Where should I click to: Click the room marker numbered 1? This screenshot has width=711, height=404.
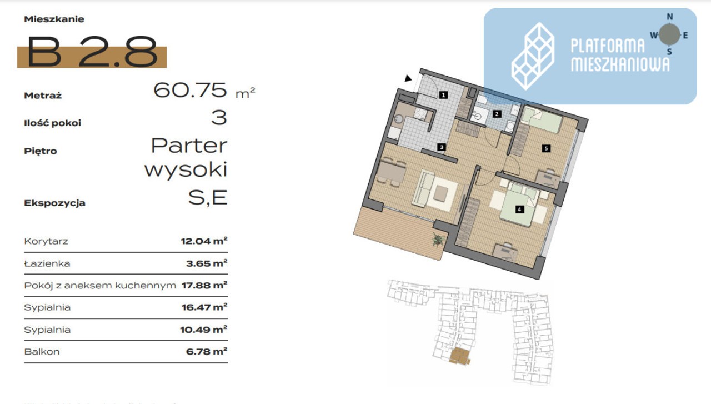pos(443,94)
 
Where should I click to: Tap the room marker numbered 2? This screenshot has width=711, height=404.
pos(497,114)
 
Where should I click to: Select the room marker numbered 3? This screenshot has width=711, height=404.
pos(441,147)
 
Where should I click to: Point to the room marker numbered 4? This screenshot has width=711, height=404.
pos(519,210)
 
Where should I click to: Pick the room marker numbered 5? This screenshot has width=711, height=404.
pos(546,148)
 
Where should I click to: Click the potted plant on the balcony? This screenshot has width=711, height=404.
pos(438,240)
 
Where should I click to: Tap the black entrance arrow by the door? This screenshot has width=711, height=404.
pos(408,78)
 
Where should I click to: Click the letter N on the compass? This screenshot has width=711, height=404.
pos(670,17)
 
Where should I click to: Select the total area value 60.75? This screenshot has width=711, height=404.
pos(190,90)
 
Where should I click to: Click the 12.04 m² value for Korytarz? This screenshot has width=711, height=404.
pos(204,241)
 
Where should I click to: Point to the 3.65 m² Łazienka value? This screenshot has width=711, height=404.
pos(207,263)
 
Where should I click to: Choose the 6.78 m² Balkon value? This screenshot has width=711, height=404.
pos(207,352)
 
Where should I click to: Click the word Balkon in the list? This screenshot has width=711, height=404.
pos(42,352)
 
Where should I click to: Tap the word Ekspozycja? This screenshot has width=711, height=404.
pos(54,203)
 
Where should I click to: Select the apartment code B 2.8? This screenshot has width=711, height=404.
pos(92,52)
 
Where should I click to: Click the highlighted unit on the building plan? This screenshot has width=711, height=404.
pos(459,356)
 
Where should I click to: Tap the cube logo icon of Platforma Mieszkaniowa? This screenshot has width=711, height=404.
pos(533,56)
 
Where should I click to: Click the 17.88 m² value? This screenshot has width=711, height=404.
pos(204,285)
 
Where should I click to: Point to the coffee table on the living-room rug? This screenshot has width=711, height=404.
pos(440,193)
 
